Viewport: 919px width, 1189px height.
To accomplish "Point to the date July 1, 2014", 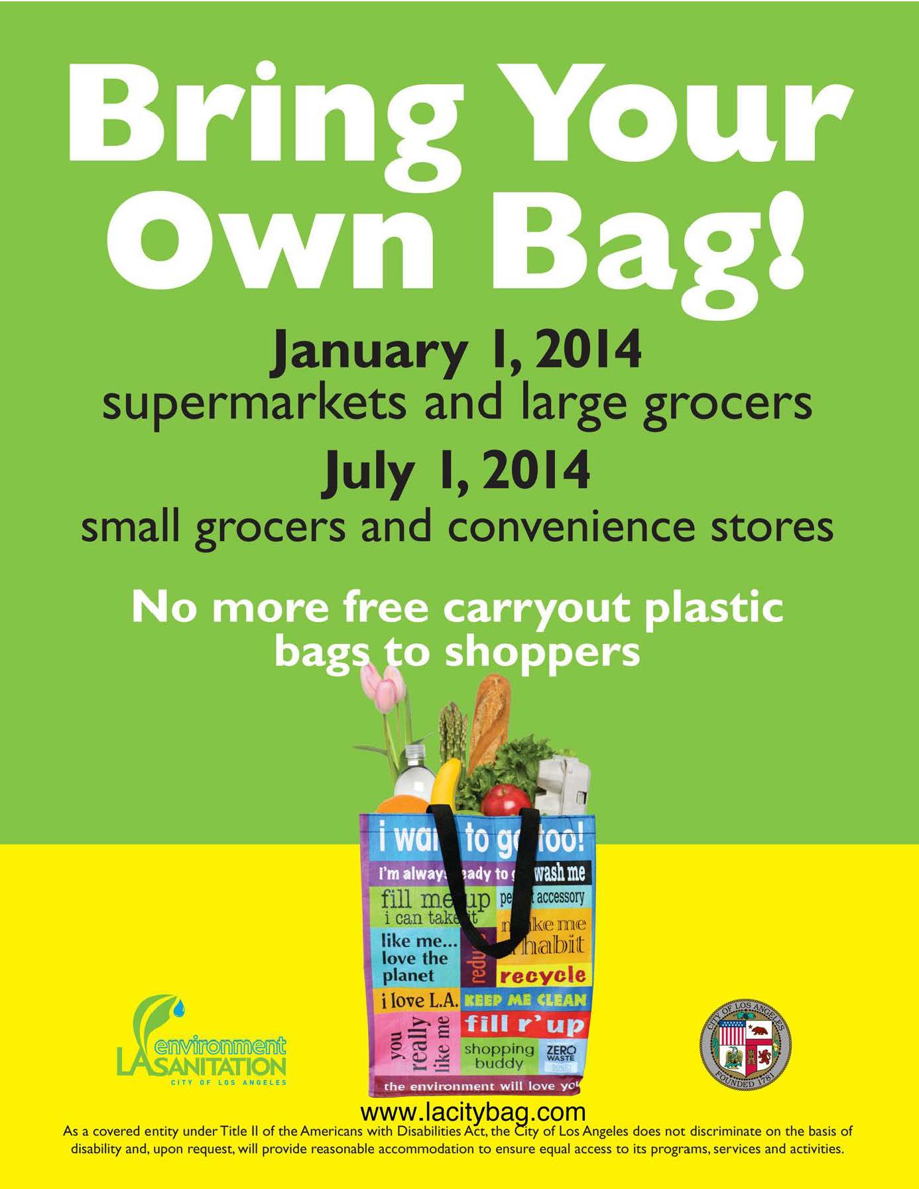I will (x=457, y=470).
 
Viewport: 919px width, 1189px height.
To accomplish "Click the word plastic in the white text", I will (x=713, y=607).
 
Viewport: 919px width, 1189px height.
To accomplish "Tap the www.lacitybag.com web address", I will (x=473, y=1111).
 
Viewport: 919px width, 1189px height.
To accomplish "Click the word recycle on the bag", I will (x=542, y=975).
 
